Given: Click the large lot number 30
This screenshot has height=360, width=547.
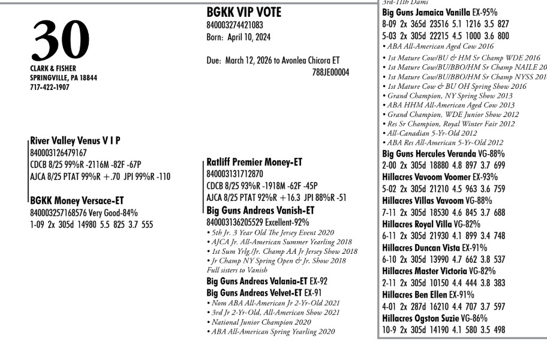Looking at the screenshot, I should click(x=61, y=41).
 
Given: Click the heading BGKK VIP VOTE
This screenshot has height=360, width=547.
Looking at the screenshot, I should click(x=243, y=13).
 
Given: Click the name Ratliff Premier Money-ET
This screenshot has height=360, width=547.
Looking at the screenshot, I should click(x=254, y=162).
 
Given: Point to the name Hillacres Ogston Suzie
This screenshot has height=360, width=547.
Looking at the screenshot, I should click(x=420, y=318).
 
